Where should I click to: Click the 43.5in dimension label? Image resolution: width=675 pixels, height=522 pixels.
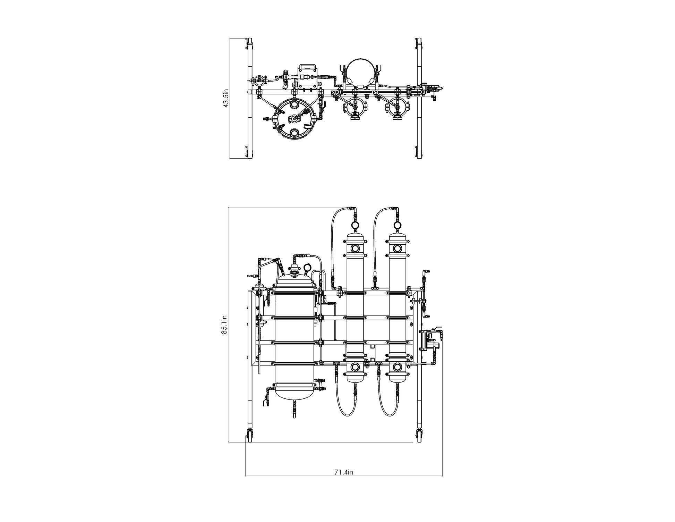[x=226, y=98]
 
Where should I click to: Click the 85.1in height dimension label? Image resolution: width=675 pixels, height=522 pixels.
[x=224, y=325]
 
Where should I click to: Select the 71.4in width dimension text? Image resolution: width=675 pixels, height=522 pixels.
[x=344, y=472]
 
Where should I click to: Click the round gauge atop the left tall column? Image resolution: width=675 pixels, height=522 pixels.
[x=356, y=225]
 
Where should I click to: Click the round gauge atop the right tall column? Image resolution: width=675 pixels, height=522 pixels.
[x=398, y=225]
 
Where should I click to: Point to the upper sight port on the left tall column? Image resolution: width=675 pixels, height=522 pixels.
[x=356, y=248]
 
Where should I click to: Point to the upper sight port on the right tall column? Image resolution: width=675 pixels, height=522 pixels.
[x=398, y=248]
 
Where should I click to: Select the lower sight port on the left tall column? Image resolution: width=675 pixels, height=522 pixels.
[x=356, y=367]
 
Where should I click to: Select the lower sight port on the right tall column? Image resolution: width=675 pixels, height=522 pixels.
[x=398, y=367]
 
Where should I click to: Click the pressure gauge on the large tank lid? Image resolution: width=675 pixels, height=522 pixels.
[x=307, y=268]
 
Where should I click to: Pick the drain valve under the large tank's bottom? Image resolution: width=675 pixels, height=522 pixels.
[x=294, y=409]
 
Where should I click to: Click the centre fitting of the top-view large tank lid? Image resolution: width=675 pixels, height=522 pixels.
[x=294, y=119]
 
